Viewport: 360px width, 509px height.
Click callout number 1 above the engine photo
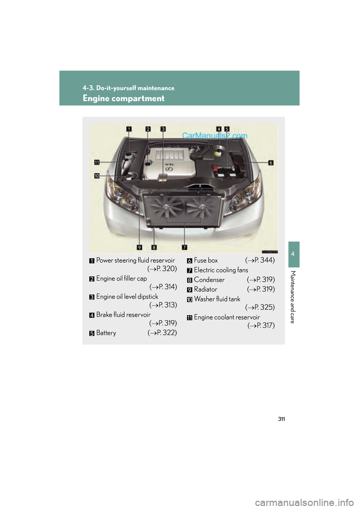pos(129,129)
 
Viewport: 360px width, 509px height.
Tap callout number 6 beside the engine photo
pos(271,163)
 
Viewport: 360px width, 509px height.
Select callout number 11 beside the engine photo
pos(97,162)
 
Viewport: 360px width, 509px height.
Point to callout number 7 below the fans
pos(184,247)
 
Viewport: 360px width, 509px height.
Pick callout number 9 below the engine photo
pos(139,247)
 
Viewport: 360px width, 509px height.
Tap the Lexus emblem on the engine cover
pos(169,169)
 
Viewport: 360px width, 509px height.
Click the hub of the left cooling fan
pos(166,206)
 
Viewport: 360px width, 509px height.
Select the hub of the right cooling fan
pos(201,206)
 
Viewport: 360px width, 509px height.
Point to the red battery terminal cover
pos(215,168)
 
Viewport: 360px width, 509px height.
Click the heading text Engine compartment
pos(123,99)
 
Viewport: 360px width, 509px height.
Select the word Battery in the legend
pos(106,333)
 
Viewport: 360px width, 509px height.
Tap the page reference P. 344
pos(262,260)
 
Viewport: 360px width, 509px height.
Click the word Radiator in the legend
pos(205,289)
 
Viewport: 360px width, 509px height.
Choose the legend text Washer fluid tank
pos(217,299)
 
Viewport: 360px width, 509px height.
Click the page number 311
pos(281,419)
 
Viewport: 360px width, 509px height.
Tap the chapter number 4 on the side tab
pos(293,254)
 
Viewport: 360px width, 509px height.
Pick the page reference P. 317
pos(264,326)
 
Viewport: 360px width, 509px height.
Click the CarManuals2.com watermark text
pos(214,136)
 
